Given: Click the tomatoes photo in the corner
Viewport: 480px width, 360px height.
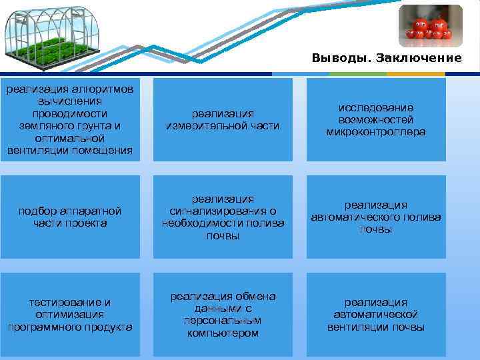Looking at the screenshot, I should pyautogui.click(x=430, y=26).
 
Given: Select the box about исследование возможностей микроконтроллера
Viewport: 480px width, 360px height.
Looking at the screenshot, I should pyautogui.click(x=376, y=120).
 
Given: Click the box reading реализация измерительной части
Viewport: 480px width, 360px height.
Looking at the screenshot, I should pyautogui.click(x=223, y=120).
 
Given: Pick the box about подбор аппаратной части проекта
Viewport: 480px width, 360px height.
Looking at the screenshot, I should pyautogui.click(x=70, y=217).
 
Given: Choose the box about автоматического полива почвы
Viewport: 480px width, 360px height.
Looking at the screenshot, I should pyautogui.click(x=376, y=217).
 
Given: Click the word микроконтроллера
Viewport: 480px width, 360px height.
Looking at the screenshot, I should pyautogui.click(x=376, y=132).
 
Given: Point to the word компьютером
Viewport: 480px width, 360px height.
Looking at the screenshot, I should pyautogui.click(x=223, y=333).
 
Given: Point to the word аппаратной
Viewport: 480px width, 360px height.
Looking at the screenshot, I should pyautogui.click(x=89, y=211).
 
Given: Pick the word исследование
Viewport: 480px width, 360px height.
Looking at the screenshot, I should pyautogui.click(x=376, y=107).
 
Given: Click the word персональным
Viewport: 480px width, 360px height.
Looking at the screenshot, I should pyautogui.click(x=223, y=321).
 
